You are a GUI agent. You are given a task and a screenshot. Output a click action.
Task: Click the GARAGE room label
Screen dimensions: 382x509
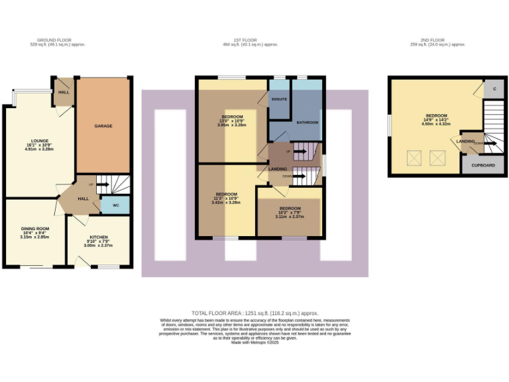[x=103, y=125]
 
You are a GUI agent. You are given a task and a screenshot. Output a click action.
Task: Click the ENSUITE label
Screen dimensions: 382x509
[x=279, y=99]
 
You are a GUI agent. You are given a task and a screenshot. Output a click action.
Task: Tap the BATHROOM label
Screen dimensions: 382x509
[x=308, y=123]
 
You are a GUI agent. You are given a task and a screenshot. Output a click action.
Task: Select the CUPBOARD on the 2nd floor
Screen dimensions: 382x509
[x=482, y=165]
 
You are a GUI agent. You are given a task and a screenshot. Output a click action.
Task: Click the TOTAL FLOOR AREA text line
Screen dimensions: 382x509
[x=255, y=312]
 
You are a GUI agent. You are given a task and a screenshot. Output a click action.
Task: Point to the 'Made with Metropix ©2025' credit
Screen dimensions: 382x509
[x=255, y=342]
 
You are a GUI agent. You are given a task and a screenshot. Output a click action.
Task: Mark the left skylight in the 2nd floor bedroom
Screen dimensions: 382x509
[x=416, y=158]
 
